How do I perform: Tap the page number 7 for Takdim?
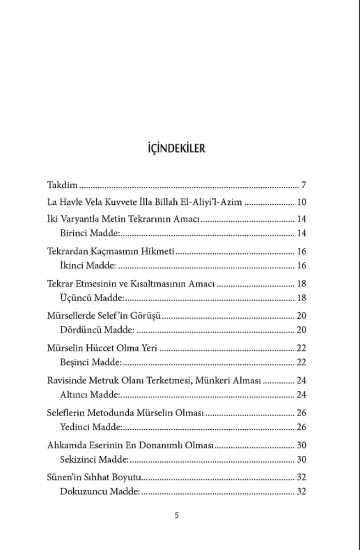(303, 186)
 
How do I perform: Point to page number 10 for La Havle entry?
(301, 202)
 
